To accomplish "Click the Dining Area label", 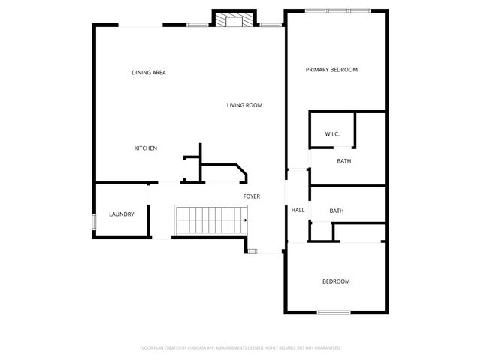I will (148, 73).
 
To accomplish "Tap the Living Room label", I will (244, 105).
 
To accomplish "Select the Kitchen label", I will (145, 148).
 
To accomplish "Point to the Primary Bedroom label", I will (331, 70).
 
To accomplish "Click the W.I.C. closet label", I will (332, 134).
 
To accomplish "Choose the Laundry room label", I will (121, 214).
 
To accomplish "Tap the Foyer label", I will (251, 196).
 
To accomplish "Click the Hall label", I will (298, 210).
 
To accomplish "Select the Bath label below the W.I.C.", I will (344, 161).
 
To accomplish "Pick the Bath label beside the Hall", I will (337, 211).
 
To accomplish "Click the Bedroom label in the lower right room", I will (336, 281).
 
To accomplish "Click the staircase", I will (211, 220).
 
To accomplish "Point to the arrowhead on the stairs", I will (246, 220).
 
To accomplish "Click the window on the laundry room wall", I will (94, 222).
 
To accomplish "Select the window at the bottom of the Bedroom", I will (334, 312).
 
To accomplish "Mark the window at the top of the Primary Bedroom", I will (337, 10).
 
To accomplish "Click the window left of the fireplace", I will (198, 25).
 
